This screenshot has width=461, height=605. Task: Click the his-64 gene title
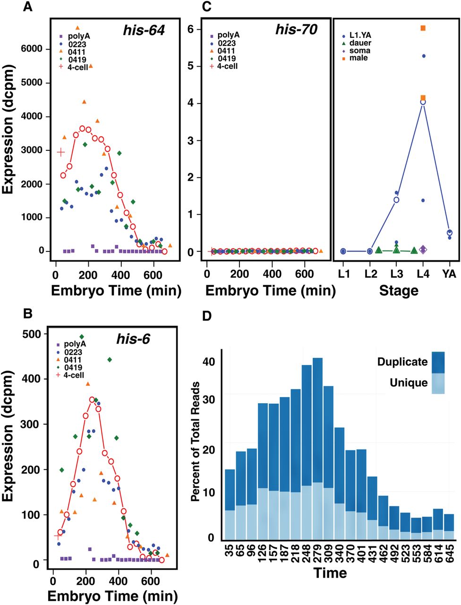144,30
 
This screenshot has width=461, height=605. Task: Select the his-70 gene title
296,29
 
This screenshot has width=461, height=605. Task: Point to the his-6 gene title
133,339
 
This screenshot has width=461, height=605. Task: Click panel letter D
207,316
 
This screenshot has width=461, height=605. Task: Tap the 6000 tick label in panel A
32,49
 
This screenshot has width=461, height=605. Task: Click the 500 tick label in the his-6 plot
32,334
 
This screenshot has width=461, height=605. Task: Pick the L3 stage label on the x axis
396,274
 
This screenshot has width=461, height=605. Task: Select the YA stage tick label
449,274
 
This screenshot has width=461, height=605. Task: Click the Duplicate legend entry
411,362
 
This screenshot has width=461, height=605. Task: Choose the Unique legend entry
417,383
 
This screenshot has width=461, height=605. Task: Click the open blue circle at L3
396,200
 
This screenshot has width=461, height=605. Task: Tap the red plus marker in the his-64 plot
61,152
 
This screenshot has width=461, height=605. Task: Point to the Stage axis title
399,291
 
